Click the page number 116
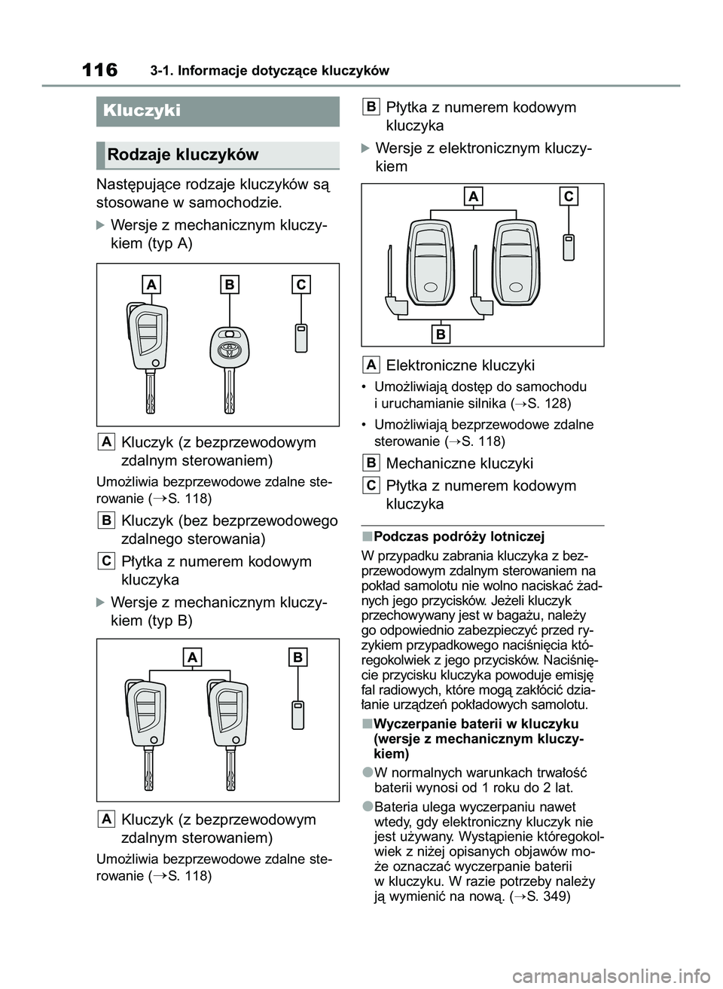[99, 71]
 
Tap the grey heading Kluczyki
[142, 111]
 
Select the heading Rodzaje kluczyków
[183, 155]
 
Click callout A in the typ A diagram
[151, 285]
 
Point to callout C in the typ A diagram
[300, 285]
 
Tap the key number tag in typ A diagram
[300, 337]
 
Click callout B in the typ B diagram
[298, 658]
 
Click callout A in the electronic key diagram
[474, 197]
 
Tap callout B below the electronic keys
[441, 334]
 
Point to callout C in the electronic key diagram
[568, 197]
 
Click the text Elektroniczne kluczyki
[460, 365]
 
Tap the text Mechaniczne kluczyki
[459, 463]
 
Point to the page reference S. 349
[552, 896]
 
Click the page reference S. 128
[553, 403]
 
